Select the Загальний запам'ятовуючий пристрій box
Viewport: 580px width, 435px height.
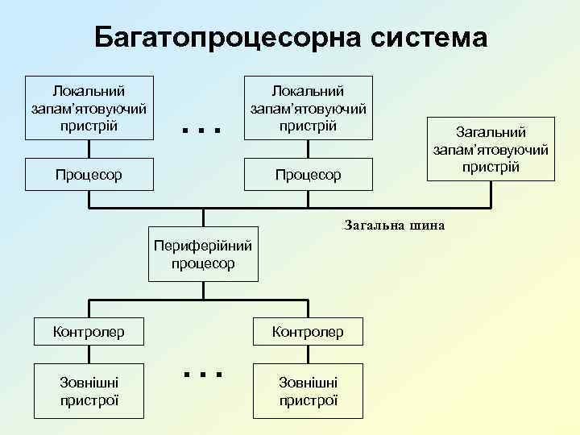(x=491, y=148)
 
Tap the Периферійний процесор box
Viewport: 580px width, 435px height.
(x=203, y=254)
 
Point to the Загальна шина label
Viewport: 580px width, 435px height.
(x=394, y=225)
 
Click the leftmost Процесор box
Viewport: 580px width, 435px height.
(x=89, y=174)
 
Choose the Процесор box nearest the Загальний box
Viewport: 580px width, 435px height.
(x=308, y=174)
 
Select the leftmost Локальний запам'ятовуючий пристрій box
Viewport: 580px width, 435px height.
(x=89, y=108)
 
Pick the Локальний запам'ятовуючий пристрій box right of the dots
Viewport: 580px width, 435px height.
(x=308, y=108)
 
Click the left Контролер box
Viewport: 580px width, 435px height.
(x=89, y=331)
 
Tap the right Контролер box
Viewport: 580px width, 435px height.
(x=308, y=331)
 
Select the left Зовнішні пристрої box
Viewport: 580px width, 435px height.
(x=89, y=391)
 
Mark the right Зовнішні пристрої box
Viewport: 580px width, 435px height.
(x=308, y=391)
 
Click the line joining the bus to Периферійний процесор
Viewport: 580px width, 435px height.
(x=203, y=218)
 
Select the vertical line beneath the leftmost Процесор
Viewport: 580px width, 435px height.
(x=89, y=201)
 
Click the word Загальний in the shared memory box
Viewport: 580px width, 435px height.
(x=491, y=131)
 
